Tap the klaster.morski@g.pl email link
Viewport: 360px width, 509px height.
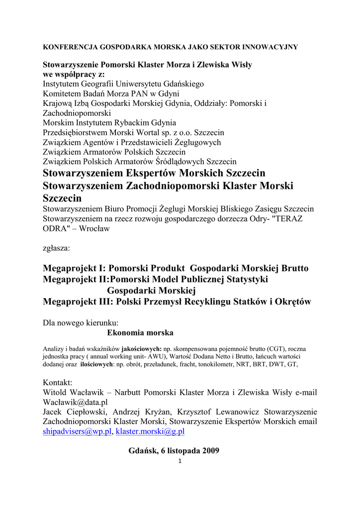click(x=150, y=431)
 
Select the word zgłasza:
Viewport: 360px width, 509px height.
click(x=57, y=247)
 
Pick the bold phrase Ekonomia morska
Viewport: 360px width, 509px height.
click(x=140, y=333)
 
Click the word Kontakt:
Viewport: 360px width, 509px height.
click(x=58, y=382)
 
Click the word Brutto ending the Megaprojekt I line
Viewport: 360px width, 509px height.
click(x=288, y=268)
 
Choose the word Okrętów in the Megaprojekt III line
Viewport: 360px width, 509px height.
click(x=291, y=302)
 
